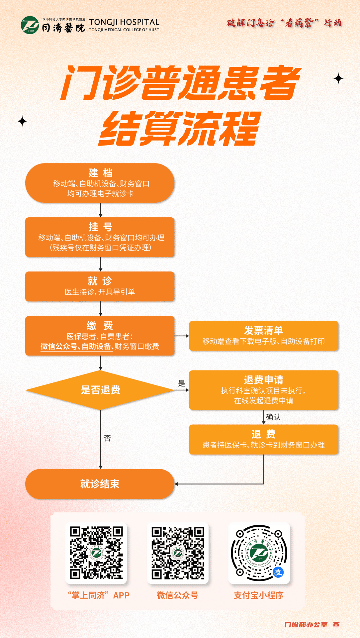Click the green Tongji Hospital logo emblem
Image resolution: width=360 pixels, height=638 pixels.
point(30,25)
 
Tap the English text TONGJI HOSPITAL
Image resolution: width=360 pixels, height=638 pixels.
point(124,22)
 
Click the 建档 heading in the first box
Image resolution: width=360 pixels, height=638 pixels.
point(100,173)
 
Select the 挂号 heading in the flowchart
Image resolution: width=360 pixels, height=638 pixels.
point(100,227)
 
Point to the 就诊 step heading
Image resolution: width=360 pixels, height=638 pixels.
point(100,281)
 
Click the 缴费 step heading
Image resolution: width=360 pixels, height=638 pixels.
point(100,325)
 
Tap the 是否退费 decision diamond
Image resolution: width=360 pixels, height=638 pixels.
point(100,390)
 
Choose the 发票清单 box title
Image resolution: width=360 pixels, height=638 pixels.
point(264,330)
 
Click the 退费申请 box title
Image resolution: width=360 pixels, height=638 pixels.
point(264,380)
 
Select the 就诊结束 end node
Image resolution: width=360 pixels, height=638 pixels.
point(100,484)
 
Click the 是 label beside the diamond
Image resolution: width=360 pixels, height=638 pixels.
point(182,383)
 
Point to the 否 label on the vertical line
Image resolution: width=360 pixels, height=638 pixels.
point(107,438)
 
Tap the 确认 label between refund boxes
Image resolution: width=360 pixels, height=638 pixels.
point(273,417)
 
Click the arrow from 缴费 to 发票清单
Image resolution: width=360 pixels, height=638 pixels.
point(182,336)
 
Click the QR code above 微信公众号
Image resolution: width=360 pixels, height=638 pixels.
point(178,553)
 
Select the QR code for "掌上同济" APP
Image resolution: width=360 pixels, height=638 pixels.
point(96,553)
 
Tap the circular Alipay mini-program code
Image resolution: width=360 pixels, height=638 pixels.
point(259,553)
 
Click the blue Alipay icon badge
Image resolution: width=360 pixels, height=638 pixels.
point(278,572)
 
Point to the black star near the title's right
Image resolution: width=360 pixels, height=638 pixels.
point(338,78)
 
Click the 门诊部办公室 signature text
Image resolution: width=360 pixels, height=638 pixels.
point(306,625)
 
